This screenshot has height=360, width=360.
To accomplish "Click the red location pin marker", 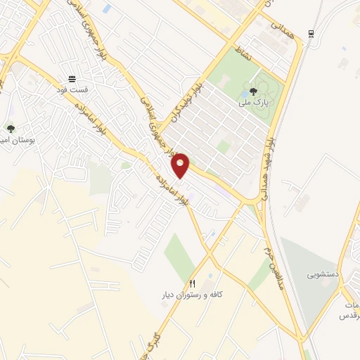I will point(181,165).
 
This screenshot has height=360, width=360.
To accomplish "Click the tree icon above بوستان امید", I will point(10,129).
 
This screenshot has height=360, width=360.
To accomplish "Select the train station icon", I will point(311,33).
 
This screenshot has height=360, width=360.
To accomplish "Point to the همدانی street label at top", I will point(277,28).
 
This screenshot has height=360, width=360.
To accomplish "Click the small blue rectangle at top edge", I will point(107,9).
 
